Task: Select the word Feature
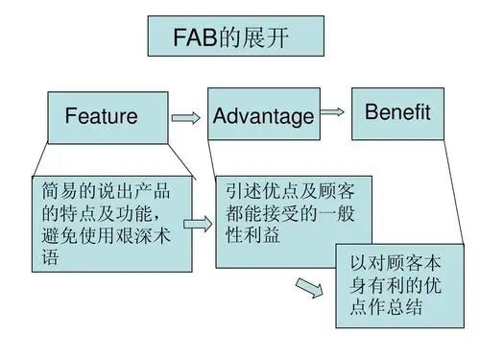101,117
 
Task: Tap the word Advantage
263,117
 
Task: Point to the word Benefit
397,112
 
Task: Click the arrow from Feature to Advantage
184,117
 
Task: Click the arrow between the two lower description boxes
196,224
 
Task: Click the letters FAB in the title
196,38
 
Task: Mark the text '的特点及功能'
101,210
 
